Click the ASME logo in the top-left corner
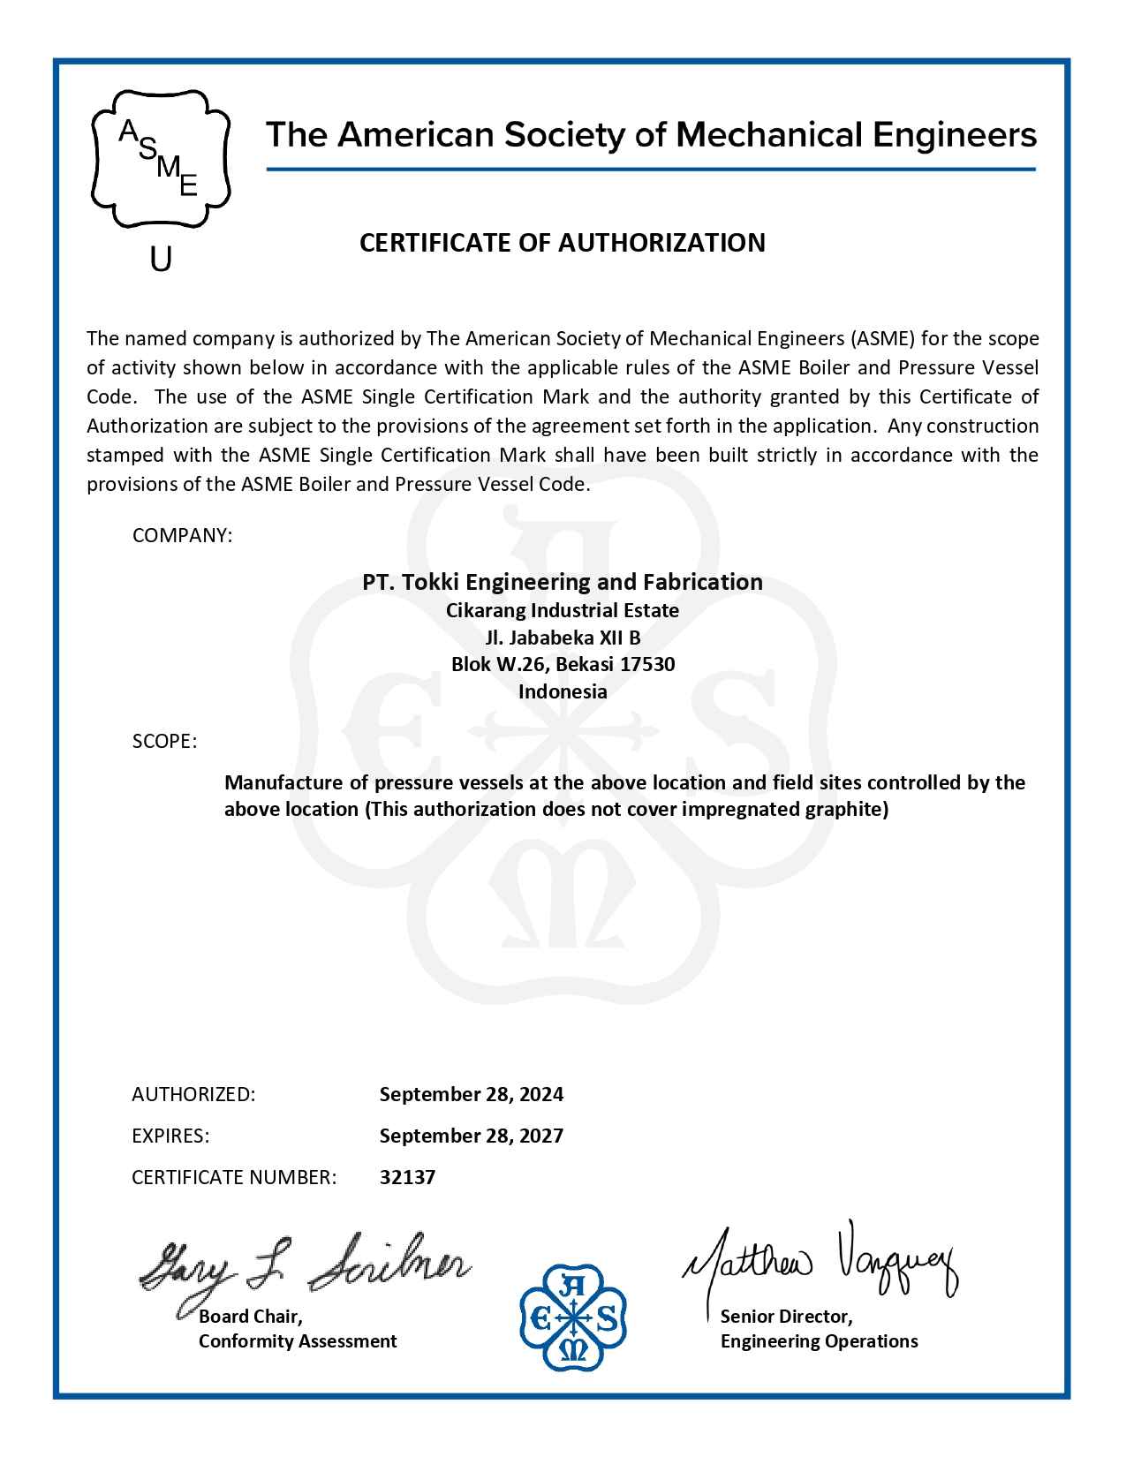[x=161, y=159]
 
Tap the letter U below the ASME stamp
[x=161, y=259]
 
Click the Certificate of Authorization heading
[x=562, y=243]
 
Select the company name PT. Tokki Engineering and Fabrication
[x=563, y=582]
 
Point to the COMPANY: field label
[x=182, y=535]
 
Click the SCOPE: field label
[x=164, y=741]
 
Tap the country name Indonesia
[x=563, y=691]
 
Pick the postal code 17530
[x=647, y=664]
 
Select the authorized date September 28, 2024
[x=471, y=1094]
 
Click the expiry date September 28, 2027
[x=471, y=1136]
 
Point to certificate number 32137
[x=407, y=1177]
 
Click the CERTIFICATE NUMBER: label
[x=234, y=1177]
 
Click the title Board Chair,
[x=251, y=1317]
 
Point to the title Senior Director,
[x=786, y=1317]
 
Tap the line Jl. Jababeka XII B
[x=563, y=638]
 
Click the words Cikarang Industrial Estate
[x=563, y=610]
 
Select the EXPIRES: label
[x=170, y=1136]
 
